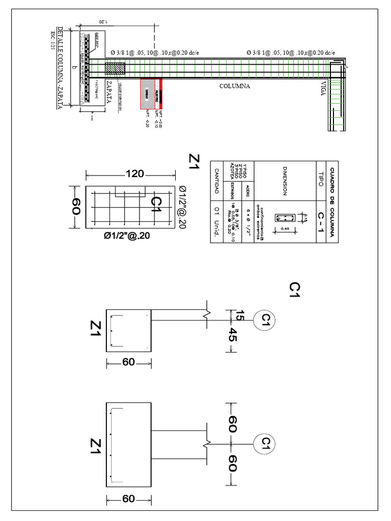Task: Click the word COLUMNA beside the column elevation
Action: pyautogui.click(x=235, y=86)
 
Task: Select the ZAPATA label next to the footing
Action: pyautogui.click(x=108, y=91)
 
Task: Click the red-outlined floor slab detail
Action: pyautogui.click(x=151, y=93)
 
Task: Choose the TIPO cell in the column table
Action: pyautogui.click(x=320, y=183)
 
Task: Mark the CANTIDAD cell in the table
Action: pyautogui.click(x=216, y=181)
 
